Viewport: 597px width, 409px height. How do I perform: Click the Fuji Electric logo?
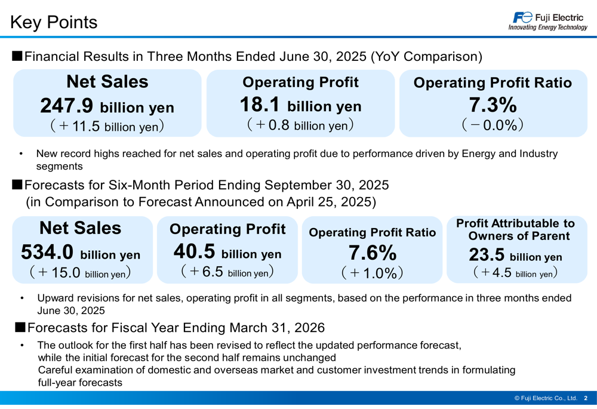tap(547, 21)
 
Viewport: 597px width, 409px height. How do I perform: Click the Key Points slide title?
tap(54, 22)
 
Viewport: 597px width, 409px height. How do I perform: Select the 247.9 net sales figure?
tap(67, 106)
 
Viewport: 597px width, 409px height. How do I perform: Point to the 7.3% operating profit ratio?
tap(493, 105)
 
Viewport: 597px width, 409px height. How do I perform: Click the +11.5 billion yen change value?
tap(107, 126)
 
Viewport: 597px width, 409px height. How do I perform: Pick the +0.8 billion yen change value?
tap(300, 125)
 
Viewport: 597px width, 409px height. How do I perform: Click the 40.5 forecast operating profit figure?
tap(195, 253)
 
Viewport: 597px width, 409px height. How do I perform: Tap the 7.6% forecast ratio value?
tap(373, 253)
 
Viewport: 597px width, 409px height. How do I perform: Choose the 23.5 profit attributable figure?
tap(487, 256)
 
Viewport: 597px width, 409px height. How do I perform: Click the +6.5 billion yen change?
tap(227, 272)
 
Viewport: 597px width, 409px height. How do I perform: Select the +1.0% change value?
tap(373, 273)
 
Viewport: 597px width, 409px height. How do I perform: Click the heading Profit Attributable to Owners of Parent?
tap(515, 229)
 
